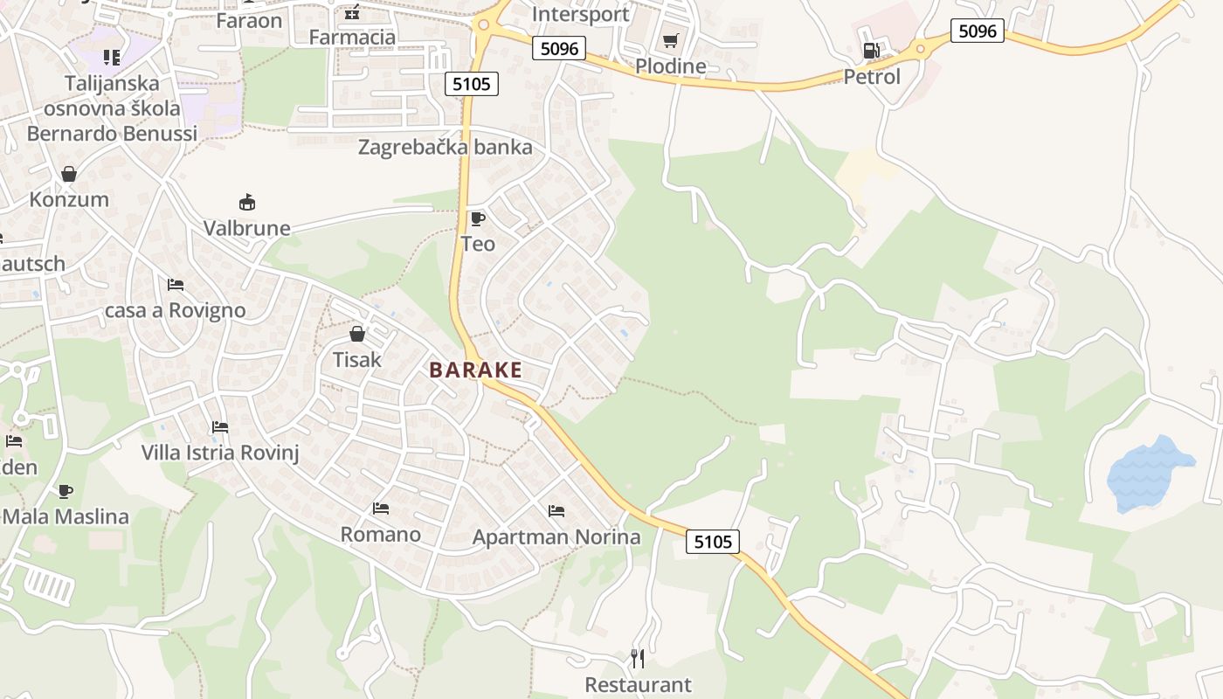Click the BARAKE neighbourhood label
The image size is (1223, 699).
pos(475,370)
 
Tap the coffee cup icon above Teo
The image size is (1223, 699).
pos(477,218)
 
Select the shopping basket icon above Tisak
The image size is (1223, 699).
pos(356,334)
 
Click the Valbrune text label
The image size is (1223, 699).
pos(246,228)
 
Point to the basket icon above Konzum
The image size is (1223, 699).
pos(69,174)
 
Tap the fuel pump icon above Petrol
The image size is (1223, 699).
pos(871,51)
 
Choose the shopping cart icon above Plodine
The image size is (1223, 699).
pos(670,40)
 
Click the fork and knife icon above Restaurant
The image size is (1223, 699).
pos(638,658)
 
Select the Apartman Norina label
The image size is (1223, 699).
pos(556,536)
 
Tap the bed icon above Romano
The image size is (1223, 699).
pos(380,508)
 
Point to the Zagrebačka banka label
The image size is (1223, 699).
pos(445,147)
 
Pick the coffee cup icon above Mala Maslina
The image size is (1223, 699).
pos(65,491)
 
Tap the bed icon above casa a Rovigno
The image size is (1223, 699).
pos(176,285)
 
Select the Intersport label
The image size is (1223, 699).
pos(580,14)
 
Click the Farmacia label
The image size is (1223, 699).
pos(352,37)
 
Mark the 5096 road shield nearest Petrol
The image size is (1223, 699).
pos(977,31)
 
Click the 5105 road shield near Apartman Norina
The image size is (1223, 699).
pos(712,542)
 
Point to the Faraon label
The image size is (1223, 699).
pos(249,20)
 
